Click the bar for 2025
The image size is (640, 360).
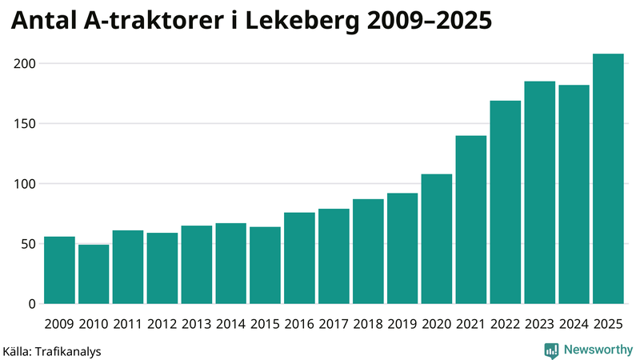tap(608, 179)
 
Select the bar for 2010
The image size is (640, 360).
tap(94, 274)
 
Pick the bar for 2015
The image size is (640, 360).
tap(265, 266)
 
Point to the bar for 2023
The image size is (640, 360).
tap(540, 193)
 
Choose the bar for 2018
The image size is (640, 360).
tap(368, 251)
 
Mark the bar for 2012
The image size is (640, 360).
tap(162, 268)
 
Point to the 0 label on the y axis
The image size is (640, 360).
tap(33, 304)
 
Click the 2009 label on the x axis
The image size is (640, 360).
tap(59, 324)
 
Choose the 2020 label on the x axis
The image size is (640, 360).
tap(437, 324)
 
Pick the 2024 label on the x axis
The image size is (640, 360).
tap(574, 324)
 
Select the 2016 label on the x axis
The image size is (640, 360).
tap(299, 324)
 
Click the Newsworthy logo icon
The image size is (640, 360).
tap(551, 350)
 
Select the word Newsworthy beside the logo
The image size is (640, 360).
tap(598, 350)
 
